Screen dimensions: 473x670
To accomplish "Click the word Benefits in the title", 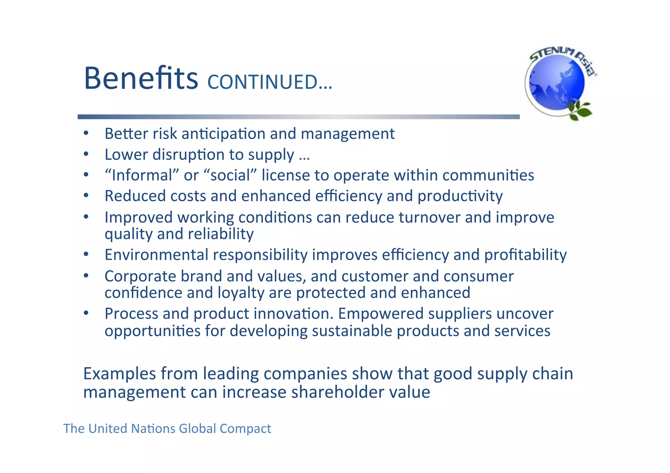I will click(141, 78).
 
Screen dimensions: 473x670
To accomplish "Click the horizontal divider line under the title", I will click(298, 117).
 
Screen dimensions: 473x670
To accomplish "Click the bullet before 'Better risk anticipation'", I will click(86, 133).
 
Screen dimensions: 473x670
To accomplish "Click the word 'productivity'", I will click(460, 196).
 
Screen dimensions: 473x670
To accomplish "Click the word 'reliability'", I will click(220, 234).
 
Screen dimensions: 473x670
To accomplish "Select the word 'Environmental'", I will click(156, 255).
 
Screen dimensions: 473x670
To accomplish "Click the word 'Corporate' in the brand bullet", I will click(140, 276).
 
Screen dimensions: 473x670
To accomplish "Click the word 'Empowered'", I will click(380, 313).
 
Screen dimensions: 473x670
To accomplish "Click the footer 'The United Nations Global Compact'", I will click(167, 429).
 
